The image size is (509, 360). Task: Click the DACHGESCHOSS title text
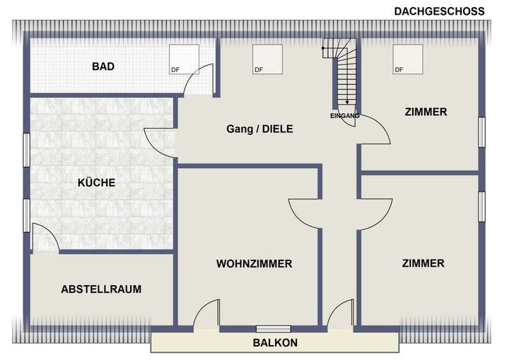point(438,11)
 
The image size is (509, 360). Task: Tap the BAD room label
point(103,67)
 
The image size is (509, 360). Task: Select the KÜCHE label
point(97,182)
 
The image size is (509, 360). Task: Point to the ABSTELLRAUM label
point(101,289)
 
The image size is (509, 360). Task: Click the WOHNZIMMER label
point(254,264)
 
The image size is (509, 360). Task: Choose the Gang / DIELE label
point(259,129)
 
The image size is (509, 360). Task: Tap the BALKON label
point(275,343)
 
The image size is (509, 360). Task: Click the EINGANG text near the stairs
point(345,115)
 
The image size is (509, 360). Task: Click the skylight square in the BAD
point(183,59)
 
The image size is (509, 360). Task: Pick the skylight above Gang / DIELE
point(267,59)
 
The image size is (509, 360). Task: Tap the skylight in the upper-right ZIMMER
point(408,59)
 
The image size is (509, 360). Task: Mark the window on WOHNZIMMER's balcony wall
point(274,328)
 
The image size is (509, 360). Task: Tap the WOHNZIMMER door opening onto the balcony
point(206,315)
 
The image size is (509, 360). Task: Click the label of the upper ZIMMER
point(426,112)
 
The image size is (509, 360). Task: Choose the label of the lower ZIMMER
point(423,263)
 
